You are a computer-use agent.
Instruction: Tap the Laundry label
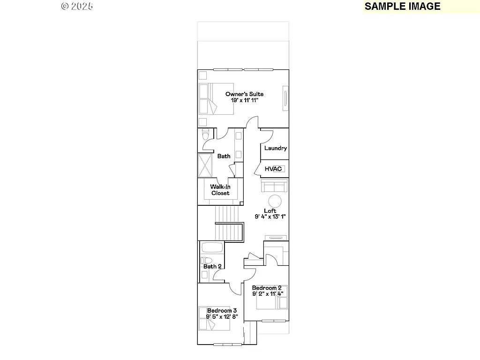pos(275,148)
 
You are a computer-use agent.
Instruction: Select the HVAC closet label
pos(273,169)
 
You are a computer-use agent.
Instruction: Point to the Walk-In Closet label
pos(220,190)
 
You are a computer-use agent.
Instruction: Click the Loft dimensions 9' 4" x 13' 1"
pos(270,217)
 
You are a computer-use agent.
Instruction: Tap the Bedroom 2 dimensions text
pos(267,294)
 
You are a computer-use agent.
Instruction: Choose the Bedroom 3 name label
pos(222,310)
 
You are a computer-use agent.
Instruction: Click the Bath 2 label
pos(212,266)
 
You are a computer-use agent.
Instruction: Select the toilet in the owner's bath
pos(204,135)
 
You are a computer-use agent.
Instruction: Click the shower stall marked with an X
pos(205,165)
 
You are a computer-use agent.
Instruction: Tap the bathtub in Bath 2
pos(212,247)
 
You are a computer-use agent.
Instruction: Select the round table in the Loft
pos(275,202)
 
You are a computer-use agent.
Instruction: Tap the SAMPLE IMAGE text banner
pos(402,6)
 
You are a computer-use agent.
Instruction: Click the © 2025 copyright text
pos(77,6)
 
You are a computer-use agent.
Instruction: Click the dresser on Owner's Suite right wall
pos(285,98)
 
